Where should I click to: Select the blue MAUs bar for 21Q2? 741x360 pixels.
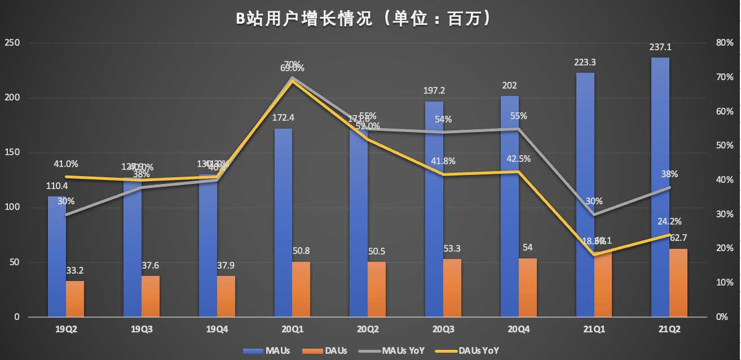pos(660,186)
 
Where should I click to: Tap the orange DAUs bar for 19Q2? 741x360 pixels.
pos(75,298)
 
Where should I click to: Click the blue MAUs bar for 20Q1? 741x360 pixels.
pos(283,222)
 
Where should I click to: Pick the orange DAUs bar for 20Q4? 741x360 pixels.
pos(528,287)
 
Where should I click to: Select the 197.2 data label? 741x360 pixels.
pos(434,91)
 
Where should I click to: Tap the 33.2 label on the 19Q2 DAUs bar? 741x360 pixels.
pos(75,271)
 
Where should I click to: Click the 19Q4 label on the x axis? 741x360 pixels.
pos(217,328)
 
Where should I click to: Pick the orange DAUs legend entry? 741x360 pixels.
pos(325,350)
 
